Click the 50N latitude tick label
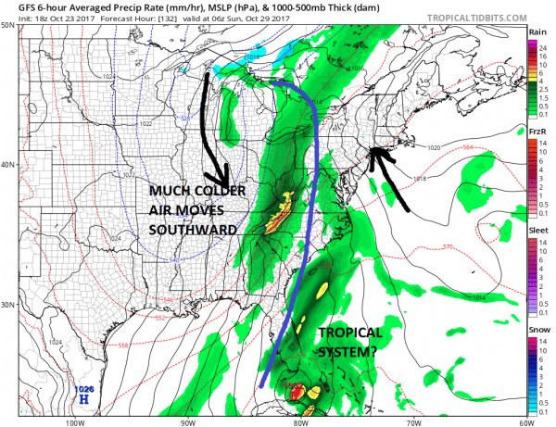(7, 25)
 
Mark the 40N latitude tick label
(7, 165)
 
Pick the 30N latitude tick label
(7, 305)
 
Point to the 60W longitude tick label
(524, 421)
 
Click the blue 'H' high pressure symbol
(83, 400)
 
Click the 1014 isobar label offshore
(477, 297)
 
